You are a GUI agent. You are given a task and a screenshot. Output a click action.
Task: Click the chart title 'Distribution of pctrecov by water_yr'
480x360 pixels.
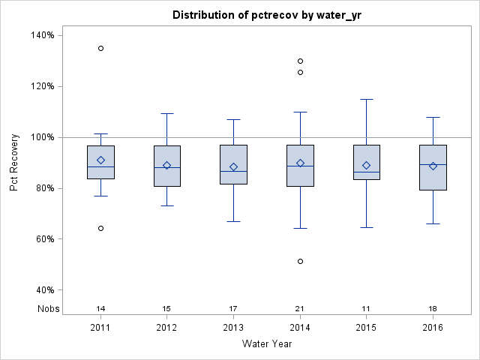268,15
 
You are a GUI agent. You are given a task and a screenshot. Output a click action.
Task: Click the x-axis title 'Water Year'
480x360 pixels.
267,343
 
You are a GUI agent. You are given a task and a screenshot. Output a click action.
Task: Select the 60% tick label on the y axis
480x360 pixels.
41,239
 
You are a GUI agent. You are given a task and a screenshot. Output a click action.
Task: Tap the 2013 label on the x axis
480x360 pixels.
233,328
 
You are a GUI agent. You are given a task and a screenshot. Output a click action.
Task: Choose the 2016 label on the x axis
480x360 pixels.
433,328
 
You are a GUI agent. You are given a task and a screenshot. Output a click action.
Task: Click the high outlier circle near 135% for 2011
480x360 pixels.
100,48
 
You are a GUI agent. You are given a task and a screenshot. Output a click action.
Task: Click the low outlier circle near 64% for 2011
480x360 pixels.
100,228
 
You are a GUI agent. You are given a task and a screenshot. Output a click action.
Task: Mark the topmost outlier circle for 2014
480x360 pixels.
300,61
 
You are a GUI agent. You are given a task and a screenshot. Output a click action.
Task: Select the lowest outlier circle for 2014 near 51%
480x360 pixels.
300,261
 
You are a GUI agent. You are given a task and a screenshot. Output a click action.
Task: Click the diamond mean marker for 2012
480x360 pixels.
167,165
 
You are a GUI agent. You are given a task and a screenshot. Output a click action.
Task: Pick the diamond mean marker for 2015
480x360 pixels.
367,165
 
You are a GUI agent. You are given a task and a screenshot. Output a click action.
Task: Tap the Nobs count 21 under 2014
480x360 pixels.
300,308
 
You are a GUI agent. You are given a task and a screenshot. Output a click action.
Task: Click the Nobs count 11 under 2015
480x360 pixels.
367,308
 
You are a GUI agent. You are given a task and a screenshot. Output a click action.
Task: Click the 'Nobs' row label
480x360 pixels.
49,308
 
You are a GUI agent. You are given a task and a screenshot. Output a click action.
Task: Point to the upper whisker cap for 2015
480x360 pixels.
367,99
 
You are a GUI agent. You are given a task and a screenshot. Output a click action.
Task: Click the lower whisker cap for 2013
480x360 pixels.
233,221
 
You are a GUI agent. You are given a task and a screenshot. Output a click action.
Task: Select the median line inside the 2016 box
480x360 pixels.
433,164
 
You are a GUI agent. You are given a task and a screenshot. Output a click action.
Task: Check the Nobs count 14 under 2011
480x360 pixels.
100,308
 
